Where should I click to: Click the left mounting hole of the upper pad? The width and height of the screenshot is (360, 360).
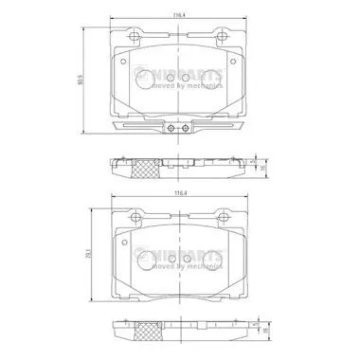point(133,39)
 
